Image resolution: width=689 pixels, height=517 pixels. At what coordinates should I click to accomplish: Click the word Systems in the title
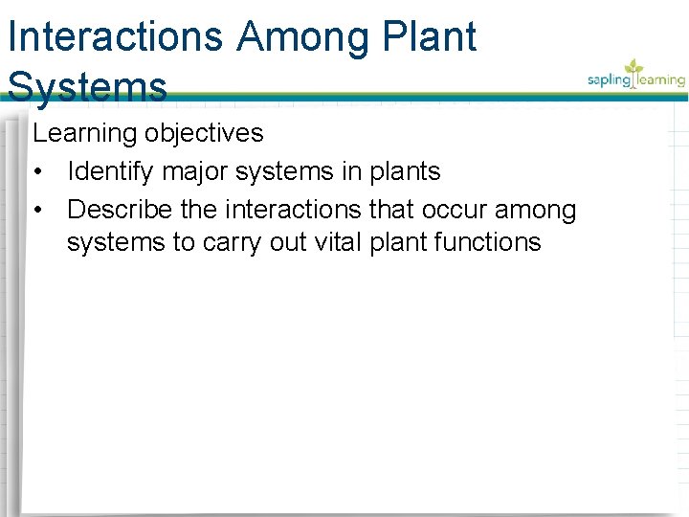point(87,87)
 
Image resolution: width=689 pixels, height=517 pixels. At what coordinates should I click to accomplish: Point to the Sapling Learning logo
point(636,77)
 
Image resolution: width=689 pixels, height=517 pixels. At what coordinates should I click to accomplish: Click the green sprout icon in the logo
point(633,69)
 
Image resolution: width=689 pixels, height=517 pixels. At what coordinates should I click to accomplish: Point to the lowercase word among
point(536,210)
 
